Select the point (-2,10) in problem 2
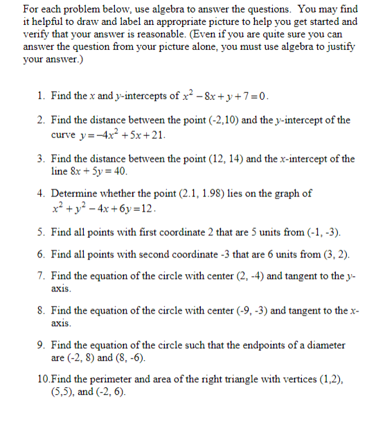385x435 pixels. coord(224,120)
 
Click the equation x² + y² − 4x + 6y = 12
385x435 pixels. coord(104,207)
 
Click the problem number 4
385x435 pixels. coord(41,194)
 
